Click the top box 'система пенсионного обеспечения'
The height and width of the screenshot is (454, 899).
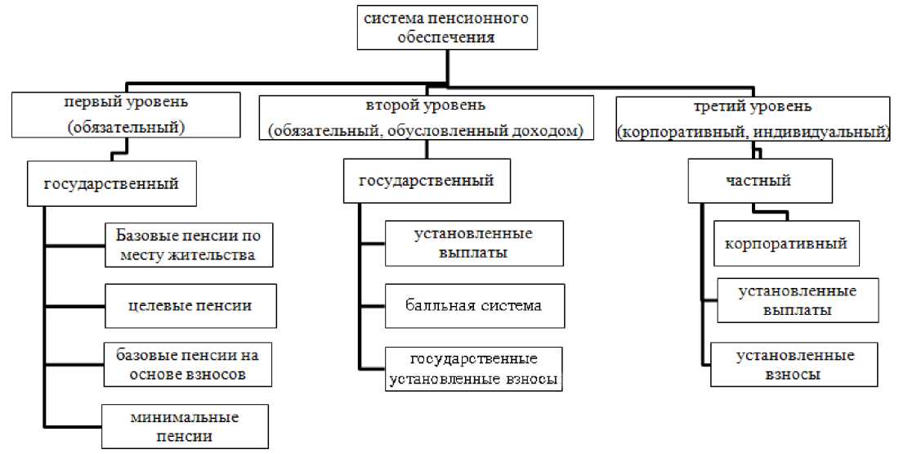447,27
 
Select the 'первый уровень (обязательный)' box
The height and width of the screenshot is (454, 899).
126,115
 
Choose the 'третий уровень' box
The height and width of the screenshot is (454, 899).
753,119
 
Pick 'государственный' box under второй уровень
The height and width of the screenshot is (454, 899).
427,181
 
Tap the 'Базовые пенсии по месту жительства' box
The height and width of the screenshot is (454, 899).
189,244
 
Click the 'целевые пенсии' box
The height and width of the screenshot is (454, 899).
190,305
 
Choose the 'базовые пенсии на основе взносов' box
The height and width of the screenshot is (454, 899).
189,364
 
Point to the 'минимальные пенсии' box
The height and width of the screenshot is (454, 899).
184,426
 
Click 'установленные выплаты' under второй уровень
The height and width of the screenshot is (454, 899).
474,243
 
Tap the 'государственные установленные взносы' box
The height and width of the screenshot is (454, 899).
474,368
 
